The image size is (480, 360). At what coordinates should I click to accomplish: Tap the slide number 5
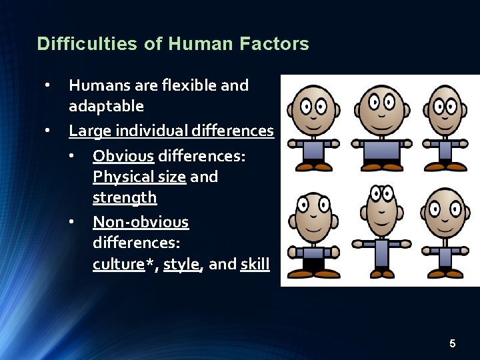coord(453,344)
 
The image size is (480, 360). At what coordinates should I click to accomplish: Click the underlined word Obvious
coord(123,156)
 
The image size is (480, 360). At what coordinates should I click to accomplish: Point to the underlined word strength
coord(125,197)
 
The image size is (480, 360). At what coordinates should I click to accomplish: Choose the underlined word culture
coord(119,264)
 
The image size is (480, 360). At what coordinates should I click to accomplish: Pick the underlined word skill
coord(255,264)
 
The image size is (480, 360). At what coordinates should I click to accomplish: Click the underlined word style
coord(181,264)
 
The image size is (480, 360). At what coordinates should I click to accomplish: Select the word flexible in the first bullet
coord(191,85)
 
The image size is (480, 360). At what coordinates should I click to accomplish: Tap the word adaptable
coord(106,106)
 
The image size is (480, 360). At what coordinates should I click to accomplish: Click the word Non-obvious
coord(141,222)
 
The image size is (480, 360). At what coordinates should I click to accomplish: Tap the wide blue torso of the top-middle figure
coord(381,151)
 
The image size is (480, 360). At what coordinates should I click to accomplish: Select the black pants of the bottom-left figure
coord(309,264)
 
